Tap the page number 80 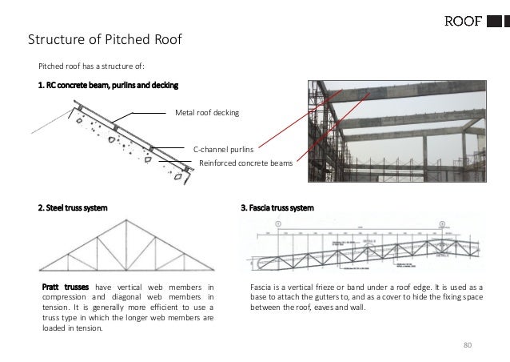[469, 345]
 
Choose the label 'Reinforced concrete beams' [246, 163]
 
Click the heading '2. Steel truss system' [73, 208]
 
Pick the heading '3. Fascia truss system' [277, 208]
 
